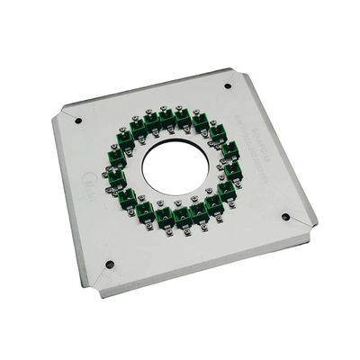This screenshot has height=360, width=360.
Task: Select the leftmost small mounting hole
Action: [x=77, y=121]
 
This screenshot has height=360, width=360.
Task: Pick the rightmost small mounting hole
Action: [x=286, y=217]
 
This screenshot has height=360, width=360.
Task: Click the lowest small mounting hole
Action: [x=110, y=265]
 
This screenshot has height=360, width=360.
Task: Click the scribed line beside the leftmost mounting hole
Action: [x=68, y=114]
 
